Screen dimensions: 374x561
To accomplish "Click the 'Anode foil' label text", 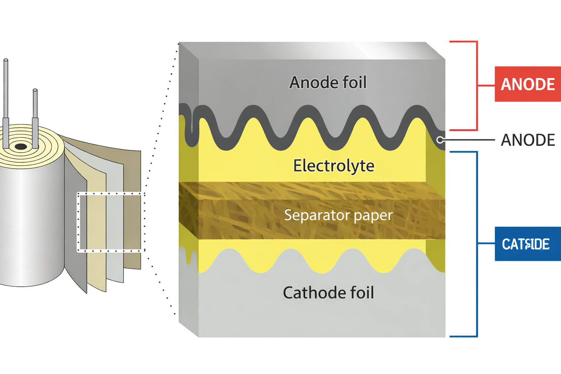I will point(328,83).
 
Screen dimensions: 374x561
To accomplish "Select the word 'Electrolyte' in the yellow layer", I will point(333,166).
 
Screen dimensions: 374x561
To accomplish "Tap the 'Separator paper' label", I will point(338,215).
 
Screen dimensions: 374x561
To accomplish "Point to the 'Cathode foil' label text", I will point(328,293).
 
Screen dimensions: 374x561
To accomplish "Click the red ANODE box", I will point(527,84).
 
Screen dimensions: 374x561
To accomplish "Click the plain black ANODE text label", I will point(527,140).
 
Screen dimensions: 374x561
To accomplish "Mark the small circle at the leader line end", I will point(440,140).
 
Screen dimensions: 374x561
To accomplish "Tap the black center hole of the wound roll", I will point(21,147).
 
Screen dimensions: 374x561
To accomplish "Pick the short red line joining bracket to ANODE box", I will point(486,85).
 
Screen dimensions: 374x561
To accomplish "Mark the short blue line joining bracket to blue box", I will point(486,243).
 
